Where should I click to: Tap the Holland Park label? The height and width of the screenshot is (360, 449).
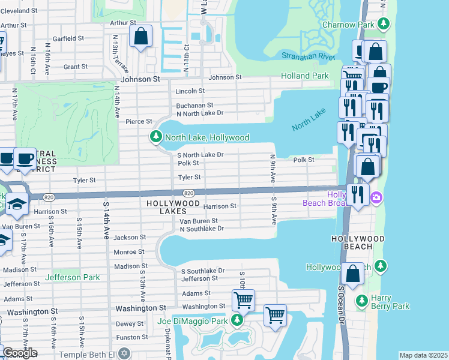[x=305, y=76]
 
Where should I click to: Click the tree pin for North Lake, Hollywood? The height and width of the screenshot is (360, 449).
[x=156, y=137]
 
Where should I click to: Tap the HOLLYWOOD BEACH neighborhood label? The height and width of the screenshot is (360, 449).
[x=357, y=239]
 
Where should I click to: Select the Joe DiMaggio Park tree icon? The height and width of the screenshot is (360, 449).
[x=238, y=320]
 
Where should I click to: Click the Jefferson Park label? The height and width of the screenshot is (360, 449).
[x=70, y=278]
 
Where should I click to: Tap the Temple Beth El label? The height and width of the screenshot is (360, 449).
[x=98, y=353]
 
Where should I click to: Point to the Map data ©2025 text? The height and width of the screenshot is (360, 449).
[x=423, y=355]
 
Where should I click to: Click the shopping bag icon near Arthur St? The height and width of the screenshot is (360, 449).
[x=140, y=35]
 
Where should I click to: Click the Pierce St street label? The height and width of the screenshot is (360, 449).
[x=139, y=122]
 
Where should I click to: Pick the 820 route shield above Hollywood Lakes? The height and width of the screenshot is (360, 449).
[x=188, y=193]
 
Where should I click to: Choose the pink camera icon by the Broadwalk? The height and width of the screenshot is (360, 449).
[x=376, y=197]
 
